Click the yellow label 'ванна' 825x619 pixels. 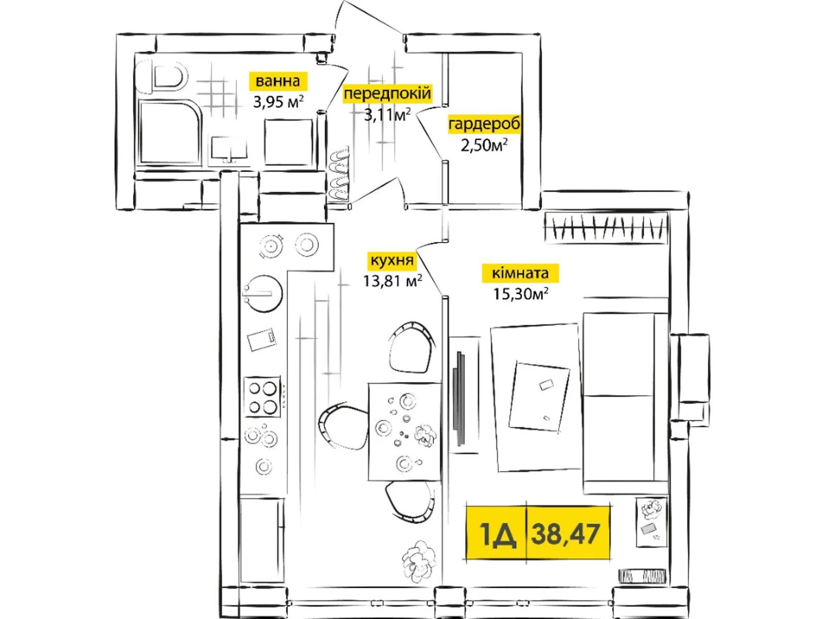pyautogui.click(x=277, y=81)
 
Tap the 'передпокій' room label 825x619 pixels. pyautogui.click(x=387, y=94)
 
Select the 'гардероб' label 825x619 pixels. pyautogui.click(x=484, y=124)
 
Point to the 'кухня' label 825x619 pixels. pyautogui.click(x=392, y=260)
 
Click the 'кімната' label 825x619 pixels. pyautogui.click(x=520, y=273)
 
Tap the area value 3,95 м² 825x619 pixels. pyautogui.click(x=278, y=102)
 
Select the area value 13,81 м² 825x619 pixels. pyautogui.click(x=392, y=281)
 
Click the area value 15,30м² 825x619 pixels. pyautogui.click(x=520, y=294)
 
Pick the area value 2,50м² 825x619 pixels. pyautogui.click(x=484, y=145)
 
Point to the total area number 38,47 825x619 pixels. pyautogui.click(x=566, y=533)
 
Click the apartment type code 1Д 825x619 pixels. pyautogui.click(x=497, y=533)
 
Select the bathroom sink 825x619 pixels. pyautogui.click(x=229, y=149)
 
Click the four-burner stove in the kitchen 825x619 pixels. pyautogui.click(x=262, y=396)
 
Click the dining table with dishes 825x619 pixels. pyautogui.click(x=404, y=431)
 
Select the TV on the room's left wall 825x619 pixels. pyautogui.click(x=459, y=398)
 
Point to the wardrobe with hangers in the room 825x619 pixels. pyautogui.click(x=606, y=227)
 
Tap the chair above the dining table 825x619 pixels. pyautogui.click(x=411, y=347)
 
